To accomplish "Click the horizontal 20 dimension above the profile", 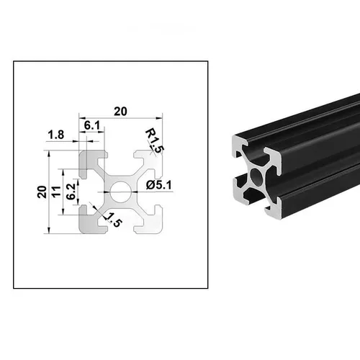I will point(120,111).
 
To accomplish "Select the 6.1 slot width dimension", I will point(91,125).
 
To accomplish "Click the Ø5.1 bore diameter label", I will point(158,184).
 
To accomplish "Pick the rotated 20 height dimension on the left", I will point(41,192).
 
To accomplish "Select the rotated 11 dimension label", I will point(55,192).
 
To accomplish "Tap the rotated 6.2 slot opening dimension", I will point(70,192).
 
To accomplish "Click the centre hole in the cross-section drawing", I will point(120,192).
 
